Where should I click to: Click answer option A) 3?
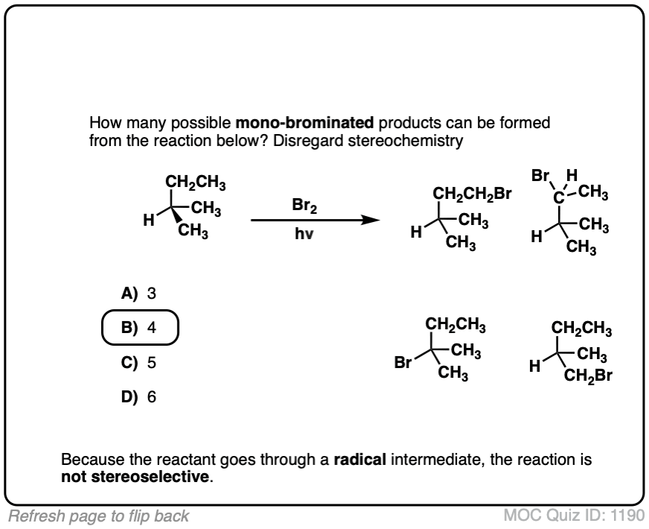click(139, 293)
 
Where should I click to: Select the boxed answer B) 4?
click(139, 327)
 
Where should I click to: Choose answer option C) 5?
click(139, 363)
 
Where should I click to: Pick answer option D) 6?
click(139, 396)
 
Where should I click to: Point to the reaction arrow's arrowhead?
click(365, 220)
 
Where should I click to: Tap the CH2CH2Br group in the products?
click(473, 196)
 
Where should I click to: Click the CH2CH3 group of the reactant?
click(196, 183)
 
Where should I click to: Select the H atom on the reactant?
click(149, 221)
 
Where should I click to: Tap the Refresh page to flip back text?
click(96, 515)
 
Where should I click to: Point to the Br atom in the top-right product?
click(541, 177)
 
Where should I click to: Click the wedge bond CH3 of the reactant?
click(193, 232)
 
